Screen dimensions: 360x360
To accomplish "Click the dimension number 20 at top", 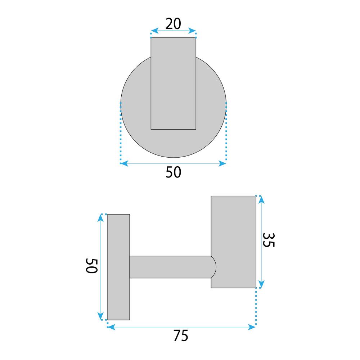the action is (x=173, y=24).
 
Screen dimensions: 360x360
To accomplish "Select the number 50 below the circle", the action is (x=174, y=172).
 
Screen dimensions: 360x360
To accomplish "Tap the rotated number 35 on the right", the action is (x=269, y=240).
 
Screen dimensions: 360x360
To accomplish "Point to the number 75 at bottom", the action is (x=181, y=336).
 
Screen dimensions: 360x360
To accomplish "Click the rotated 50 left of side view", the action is (x=91, y=266).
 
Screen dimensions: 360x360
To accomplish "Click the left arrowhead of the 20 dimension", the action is (x=154, y=31).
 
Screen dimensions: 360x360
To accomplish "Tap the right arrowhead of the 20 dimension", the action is (x=192, y=31).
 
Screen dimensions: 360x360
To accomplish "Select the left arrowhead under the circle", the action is (x=124, y=163).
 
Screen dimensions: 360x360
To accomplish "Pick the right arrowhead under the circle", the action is (x=222, y=163).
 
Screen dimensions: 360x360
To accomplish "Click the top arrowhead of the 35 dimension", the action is (x=261, y=200).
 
